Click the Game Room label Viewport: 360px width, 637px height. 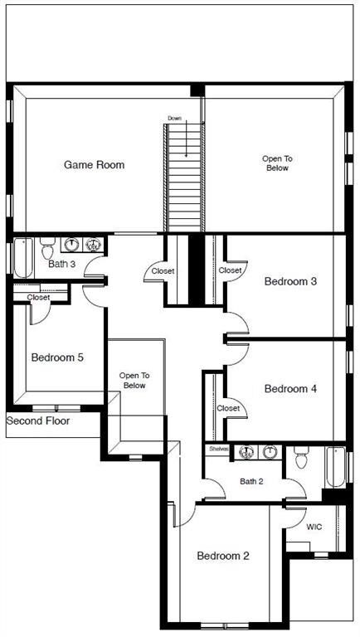(94, 164)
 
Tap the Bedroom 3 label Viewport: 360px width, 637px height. (290, 281)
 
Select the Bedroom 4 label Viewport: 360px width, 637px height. (290, 388)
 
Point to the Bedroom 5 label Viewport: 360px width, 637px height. (56, 357)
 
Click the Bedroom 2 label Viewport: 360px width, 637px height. (222, 556)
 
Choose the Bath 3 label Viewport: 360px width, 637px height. (61, 265)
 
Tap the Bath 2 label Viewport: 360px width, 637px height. (251, 481)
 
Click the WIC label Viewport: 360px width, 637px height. (314, 527)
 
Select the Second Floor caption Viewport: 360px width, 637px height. (38, 421)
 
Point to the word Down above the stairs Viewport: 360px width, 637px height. (174, 119)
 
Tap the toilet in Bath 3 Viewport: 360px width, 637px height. (47, 246)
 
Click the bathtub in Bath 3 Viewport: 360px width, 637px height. (22, 258)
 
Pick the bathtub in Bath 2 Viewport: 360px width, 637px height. (334, 466)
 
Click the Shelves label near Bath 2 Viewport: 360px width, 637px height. (218, 448)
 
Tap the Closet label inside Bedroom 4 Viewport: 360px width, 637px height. (228, 408)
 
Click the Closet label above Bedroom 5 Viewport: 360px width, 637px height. (38, 297)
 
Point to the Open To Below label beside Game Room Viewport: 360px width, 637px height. (277, 163)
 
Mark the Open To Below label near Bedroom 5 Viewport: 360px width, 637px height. (134, 380)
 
